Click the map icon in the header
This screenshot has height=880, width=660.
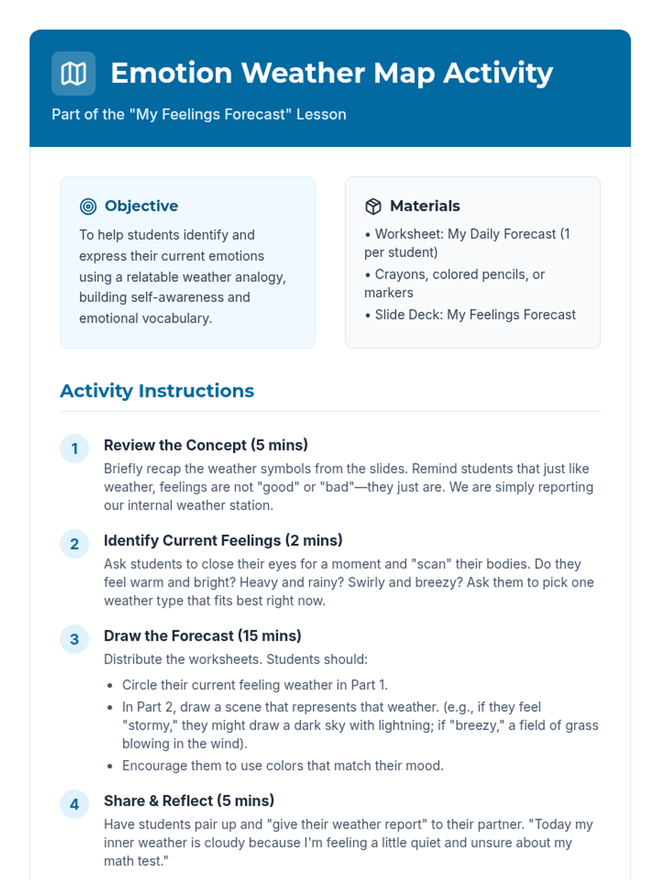tap(73, 74)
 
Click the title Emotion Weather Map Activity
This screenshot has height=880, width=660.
tap(332, 73)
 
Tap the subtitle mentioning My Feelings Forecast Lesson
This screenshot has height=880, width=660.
tap(199, 114)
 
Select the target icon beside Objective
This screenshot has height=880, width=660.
tap(88, 206)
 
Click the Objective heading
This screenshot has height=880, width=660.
tap(141, 206)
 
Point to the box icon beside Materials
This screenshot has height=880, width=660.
tap(373, 206)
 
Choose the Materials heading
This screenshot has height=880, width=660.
tap(425, 206)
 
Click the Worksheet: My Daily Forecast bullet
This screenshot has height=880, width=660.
tap(467, 243)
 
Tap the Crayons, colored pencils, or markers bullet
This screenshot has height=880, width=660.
tap(454, 283)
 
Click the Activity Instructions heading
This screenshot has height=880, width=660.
tap(157, 391)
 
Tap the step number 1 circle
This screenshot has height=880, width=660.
tap(74, 449)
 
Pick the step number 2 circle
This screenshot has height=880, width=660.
tap(74, 544)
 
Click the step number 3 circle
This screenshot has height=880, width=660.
tap(74, 639)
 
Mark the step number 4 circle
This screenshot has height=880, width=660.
tap(74, 804)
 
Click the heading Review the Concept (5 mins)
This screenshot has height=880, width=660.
tap(206, 445)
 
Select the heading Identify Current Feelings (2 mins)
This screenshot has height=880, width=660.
tap(223, 540)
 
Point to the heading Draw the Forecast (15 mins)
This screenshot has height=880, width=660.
tap(202, 636)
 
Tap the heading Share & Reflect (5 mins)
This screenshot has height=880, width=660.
tap(189, 801)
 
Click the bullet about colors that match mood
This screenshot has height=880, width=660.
tap(283, 766)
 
